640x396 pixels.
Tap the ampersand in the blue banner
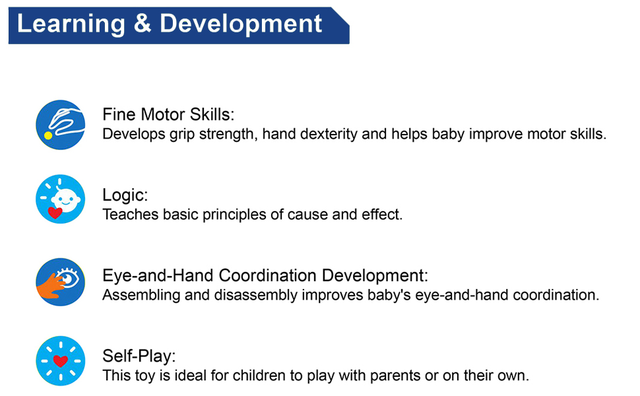pyautogui.click(x=142, y=24)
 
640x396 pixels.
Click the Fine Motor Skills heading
pyautogui.click(x=168, y=115)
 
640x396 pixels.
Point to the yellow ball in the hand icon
pyautogui.click(x=48, y=135)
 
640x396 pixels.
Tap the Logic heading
pyautogui.click(x=125, y=195)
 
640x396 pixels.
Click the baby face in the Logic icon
pyautogui.click(x=65, y=199)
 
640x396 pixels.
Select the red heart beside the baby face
pyautogui.click(x=55, y=213)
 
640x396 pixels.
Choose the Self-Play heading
pyautogui.click(x=139, y=356)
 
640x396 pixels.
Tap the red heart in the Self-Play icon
pyautogui.click(x=61, y=361)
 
